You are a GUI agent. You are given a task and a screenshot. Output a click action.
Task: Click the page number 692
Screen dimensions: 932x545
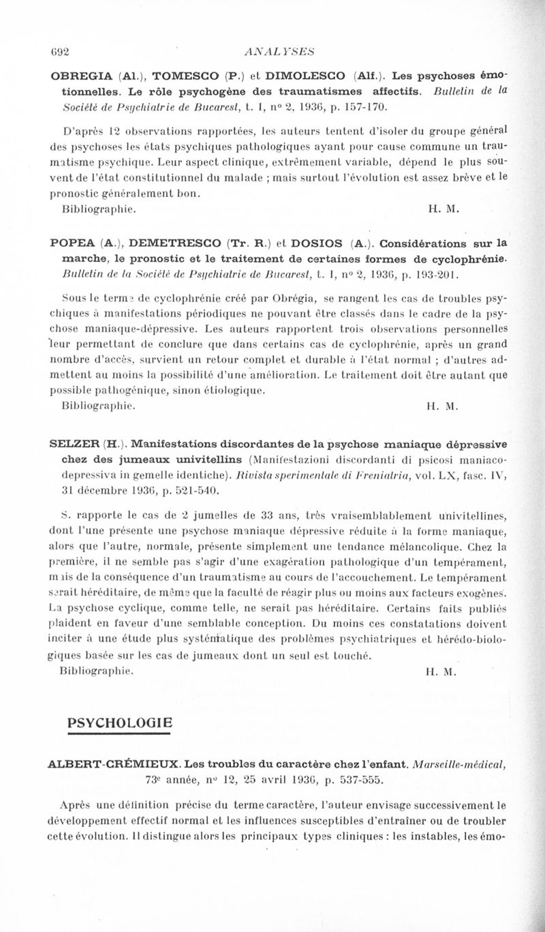[x=61, y=49]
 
